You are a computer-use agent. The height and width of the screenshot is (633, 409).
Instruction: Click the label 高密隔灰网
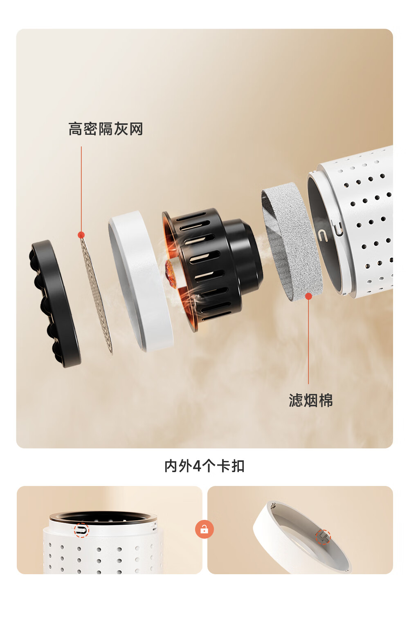[x=106, y=129]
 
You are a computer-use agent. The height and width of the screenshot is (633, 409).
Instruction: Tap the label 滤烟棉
[x=310, y=400]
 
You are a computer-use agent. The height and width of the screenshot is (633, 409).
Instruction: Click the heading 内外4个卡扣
[x=204, y=466]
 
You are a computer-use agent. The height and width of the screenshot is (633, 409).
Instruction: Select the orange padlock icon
[x=204, y=529]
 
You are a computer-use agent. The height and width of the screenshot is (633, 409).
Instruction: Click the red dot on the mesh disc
[x=81, y=235]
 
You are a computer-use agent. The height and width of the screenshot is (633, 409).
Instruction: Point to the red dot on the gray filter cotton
[x=308, y=296]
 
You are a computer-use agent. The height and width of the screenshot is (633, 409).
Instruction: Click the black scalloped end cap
[x=55, y=304]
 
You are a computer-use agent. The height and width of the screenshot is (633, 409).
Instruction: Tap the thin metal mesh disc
[x=96, y=295]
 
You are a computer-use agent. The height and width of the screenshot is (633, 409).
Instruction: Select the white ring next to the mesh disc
[x=141, y=281]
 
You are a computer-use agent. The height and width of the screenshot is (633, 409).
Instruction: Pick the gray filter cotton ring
[x=292, y=242]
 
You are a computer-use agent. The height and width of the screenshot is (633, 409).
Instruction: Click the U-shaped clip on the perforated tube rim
[x=323, y=235]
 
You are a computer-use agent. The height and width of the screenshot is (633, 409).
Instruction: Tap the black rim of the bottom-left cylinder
[x=103, y=516]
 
